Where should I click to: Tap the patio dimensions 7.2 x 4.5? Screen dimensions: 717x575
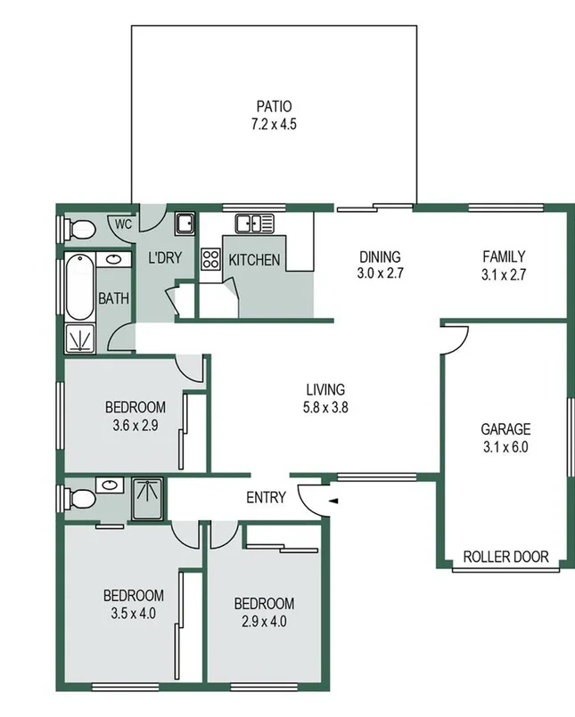pos(274,125)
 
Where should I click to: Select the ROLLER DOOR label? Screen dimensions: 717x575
pos(505,558)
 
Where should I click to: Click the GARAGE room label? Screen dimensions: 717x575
pos(505,428)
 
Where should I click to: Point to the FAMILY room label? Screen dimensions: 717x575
pos(505,257)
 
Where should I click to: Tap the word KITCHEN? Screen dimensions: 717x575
pos(255,261)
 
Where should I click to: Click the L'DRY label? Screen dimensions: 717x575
pos(164,259)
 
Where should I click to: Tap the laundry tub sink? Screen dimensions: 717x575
pos(185,222)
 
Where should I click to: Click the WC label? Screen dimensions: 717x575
pos(123,224)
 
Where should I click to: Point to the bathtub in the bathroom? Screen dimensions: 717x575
pos(78,288)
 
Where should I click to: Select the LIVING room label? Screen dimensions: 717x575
pos(324,389)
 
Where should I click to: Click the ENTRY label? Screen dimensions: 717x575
pos(266,498)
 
